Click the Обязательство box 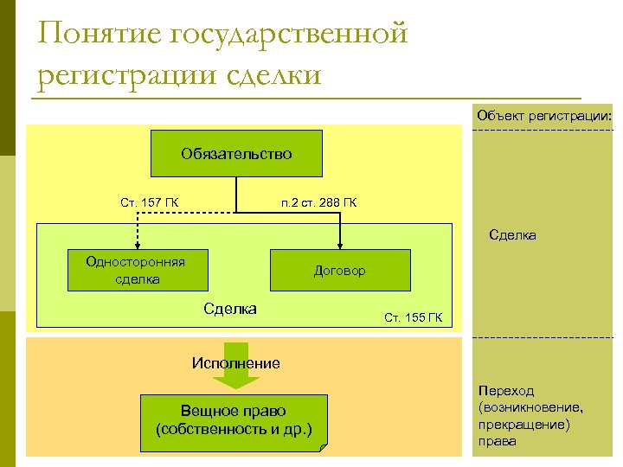(x=236, y=153)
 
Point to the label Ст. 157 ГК (x=150, y=203)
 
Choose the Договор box (x=340, y=271)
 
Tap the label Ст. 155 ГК (x=413, y=317)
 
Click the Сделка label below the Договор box (x=229, y=309)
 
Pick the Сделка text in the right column (x=512, y=234)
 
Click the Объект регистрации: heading (x=543, y=115)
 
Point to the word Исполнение (x=235, y=363)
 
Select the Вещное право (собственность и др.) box (x=233, y=420)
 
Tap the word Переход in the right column (x=505, y=391)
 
